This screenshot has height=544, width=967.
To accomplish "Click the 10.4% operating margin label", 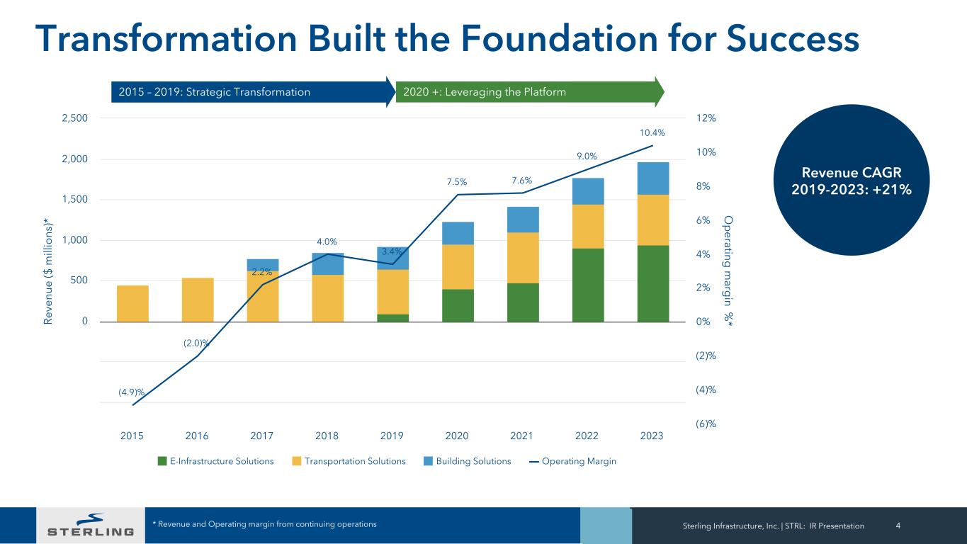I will click(x=652, y=132).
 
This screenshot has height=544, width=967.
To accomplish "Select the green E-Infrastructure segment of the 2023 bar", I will click(x=652, y=283).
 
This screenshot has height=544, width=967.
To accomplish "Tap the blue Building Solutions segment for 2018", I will click(x=327, y=263).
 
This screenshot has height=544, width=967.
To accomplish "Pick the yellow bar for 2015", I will click(x=132, y=303).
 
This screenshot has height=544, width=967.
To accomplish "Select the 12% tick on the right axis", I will click(x=706, y=118).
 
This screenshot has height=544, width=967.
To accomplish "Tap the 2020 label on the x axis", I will click(x=457, y=436).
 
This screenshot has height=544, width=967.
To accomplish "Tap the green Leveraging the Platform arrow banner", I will click(x=528, y=92).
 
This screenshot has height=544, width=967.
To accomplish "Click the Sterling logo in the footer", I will click(x=90, y=525).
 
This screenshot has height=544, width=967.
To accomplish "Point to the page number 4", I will click(x=898, y=526).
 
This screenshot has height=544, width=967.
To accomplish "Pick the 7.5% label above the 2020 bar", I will click(x=456, y=183).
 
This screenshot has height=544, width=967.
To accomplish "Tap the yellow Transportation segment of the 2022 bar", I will click(x=587, y=227).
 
